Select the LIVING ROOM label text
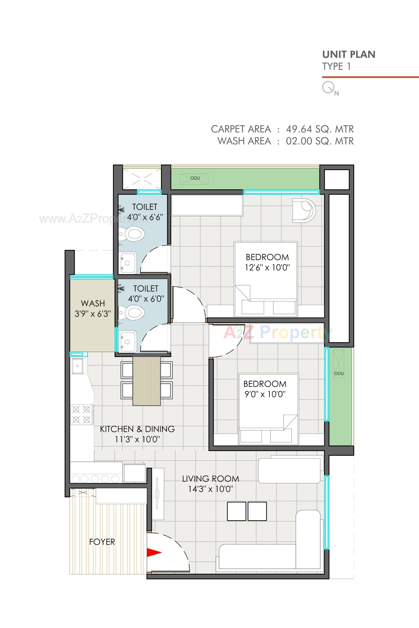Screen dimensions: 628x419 click(211, 479)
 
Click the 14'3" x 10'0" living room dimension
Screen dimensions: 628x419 click(211, 489)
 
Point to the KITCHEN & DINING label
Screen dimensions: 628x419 click(137, 429)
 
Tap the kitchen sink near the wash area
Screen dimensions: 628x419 click(78, 366)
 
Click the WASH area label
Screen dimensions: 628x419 click(93, 303)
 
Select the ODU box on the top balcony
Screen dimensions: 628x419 click(194, 178)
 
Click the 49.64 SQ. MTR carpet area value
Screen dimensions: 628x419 click(319, 129)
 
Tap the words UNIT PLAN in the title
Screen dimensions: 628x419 click(349, 55)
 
